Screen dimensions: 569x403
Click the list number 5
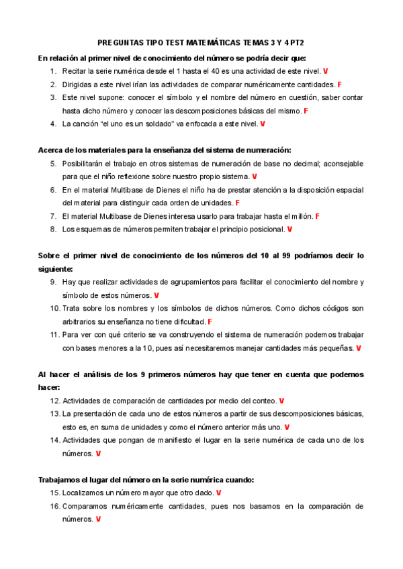(53, 163)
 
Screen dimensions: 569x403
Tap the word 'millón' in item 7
(300, 216)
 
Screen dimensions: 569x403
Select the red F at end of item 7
(317, 216)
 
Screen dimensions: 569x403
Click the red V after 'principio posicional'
(289, 229)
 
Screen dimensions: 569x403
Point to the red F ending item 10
(210, 321)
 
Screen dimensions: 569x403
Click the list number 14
(54, 440)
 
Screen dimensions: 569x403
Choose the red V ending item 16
(98, 519)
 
